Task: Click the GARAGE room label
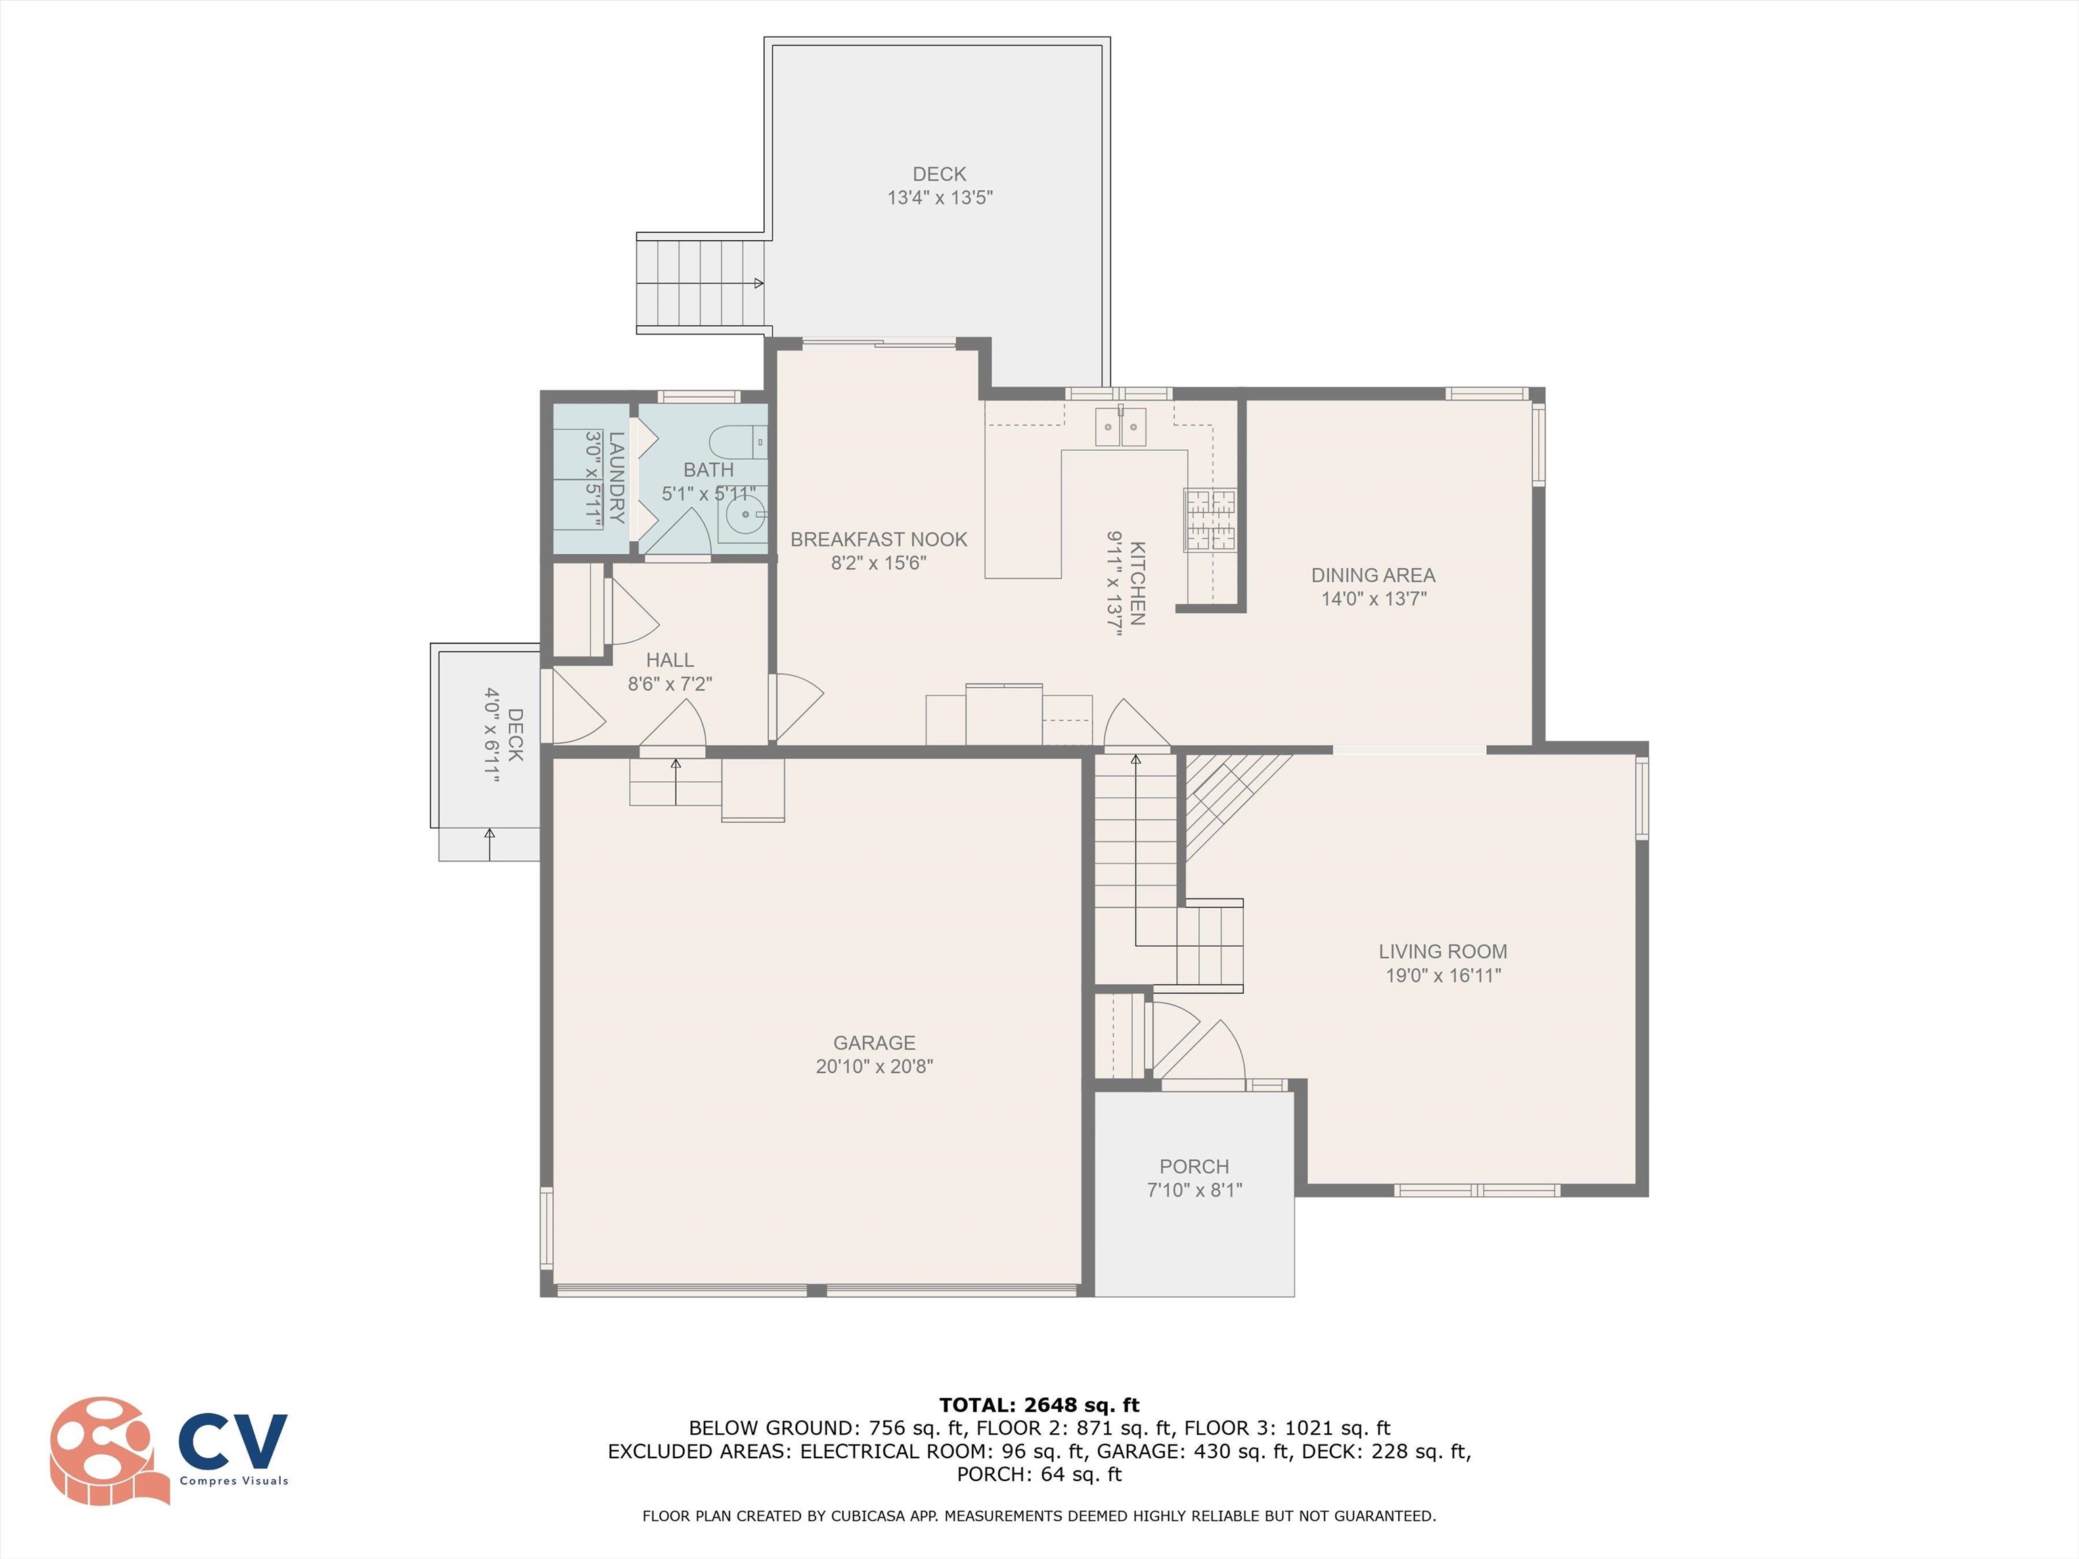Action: click(874, 1043)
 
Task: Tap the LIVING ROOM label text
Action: click(1443, 952)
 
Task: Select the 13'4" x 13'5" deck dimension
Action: click(940, 198)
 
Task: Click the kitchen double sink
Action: click(1120, 427)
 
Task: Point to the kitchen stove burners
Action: click(1211, 520)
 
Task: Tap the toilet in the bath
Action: click(738, 442)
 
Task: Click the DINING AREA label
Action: click(1373, 575)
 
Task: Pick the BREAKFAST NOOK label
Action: click(879, 539)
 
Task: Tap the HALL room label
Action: click(670, 660)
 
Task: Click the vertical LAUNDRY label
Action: click(617, 476)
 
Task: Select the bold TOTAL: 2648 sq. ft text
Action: click(1039, 1405)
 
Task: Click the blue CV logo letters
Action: click(233, 1441)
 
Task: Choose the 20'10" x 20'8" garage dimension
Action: click(874, 1066)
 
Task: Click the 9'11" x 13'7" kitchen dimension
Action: click(1115, 583)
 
